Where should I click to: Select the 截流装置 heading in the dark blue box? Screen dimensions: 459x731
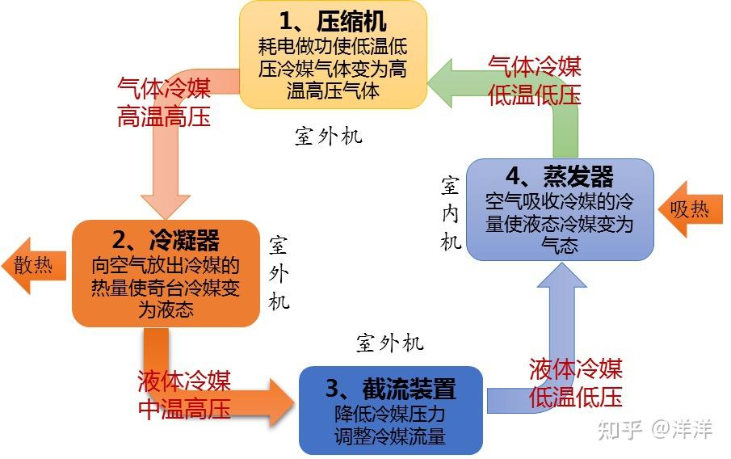(x=391, y=390)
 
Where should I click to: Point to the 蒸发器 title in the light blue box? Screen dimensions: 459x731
(x=560, y=177)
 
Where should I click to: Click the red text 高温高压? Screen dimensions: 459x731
(x=164, y=116)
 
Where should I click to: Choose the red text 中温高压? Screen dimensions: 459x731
(x=184, y=409)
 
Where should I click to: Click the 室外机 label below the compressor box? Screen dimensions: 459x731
(x=329, y=136)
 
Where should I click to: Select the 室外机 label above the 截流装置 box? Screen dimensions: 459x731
(x=390, y=343)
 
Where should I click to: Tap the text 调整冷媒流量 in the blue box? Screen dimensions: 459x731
(x=390, y=437)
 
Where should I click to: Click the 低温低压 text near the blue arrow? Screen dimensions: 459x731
(x=576, y=397)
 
